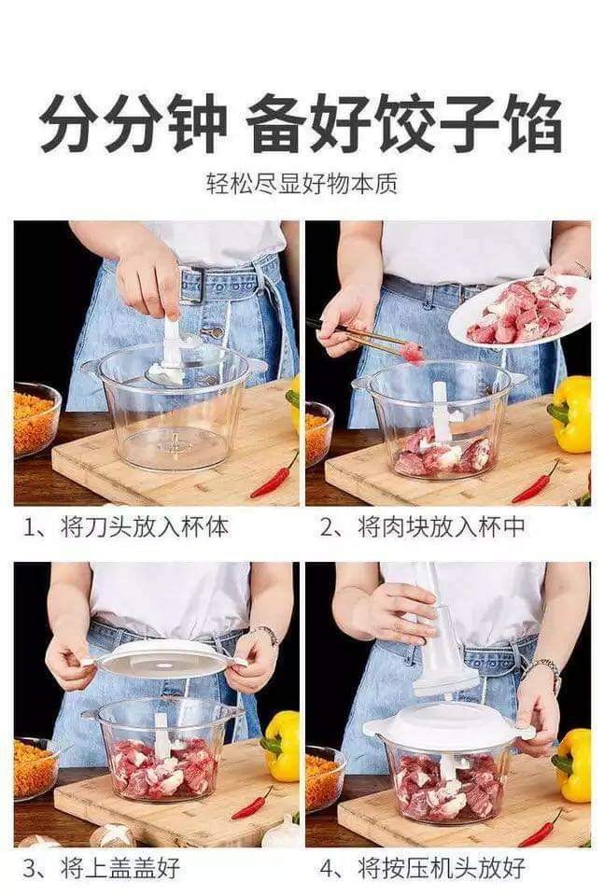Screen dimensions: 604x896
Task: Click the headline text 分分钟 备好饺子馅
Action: click(301, 125)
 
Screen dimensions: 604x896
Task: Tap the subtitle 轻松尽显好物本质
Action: click(302, 184)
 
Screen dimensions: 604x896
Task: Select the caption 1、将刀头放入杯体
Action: click(126, 526)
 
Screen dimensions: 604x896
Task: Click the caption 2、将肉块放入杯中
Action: click(422, 526)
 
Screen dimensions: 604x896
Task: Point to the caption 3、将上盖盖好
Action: click(101, 867)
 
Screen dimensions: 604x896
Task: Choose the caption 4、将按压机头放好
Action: click(422, 867)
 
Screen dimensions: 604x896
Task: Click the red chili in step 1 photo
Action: click(274, 476)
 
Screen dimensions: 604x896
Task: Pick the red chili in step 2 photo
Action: click(536, 483)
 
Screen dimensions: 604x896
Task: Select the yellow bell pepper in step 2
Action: click(569, 413)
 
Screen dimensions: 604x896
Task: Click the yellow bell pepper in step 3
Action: click(281, 746)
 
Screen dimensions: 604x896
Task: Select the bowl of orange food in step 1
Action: click(35, 419)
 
